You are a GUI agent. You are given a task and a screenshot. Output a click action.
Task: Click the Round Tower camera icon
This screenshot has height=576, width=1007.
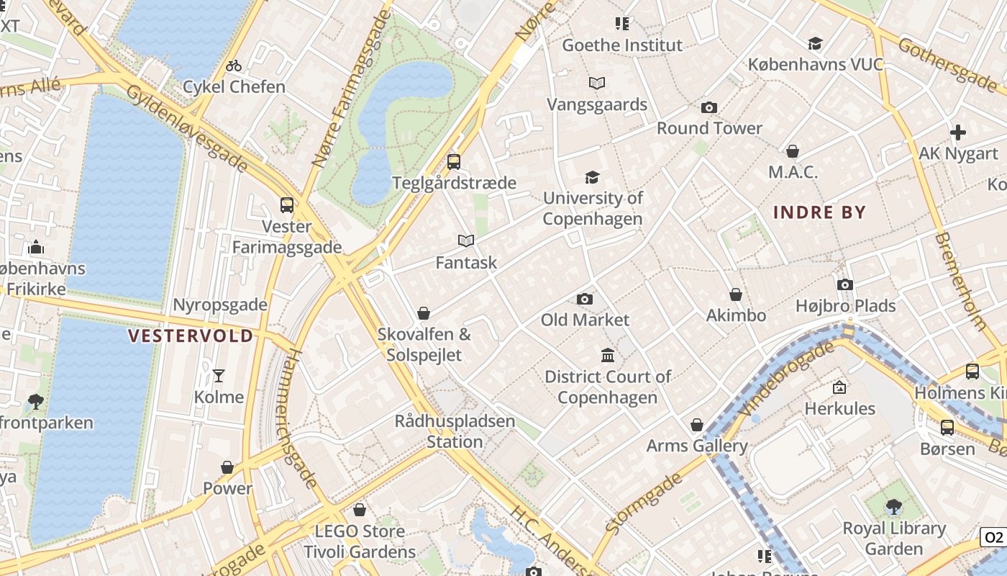point(709,108)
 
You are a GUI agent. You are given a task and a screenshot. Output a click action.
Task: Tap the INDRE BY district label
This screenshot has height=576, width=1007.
point(819,212)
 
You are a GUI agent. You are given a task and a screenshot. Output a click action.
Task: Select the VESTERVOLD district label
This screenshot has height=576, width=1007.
point(191,336)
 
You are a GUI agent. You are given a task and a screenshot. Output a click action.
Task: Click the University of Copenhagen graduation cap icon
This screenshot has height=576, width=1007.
point(592,177)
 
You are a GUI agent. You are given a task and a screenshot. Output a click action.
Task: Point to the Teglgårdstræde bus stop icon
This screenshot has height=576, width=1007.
point(453,162)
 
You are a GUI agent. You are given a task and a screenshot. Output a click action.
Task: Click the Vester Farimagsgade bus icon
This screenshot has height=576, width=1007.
point(287,205)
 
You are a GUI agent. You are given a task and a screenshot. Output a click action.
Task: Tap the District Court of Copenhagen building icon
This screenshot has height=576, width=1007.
point(608,356)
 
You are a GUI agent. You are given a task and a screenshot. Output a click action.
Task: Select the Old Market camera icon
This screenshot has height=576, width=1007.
point(585,299)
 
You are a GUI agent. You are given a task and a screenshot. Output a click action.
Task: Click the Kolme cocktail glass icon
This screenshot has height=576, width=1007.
point(219,376)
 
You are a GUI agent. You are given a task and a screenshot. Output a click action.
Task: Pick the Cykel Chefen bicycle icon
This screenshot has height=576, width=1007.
point(234,66)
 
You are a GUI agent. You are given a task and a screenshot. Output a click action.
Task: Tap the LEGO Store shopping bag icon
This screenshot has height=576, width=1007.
point(360,510)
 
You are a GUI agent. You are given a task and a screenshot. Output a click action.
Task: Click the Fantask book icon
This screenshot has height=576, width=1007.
point(466,240)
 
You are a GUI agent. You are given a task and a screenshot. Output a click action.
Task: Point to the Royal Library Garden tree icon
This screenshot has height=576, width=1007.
point(894,507)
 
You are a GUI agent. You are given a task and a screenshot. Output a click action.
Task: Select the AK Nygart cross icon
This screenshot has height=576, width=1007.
point(958,132)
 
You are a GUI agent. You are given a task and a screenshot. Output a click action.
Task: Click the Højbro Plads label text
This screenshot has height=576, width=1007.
point(845,306)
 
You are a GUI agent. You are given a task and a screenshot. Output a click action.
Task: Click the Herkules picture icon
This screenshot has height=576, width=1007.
point(839,387)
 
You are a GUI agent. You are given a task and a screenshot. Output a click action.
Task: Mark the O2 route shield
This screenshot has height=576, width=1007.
point(993,537)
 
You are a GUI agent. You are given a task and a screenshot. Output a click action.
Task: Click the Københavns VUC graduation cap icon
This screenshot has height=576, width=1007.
point(815,44)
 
